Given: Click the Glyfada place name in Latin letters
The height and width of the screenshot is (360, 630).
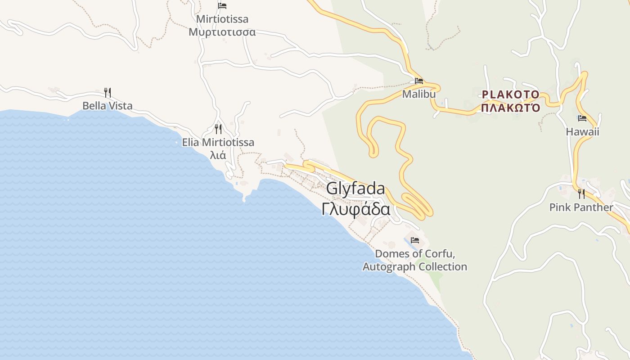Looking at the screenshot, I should pyautogui.click(x=355, y=189).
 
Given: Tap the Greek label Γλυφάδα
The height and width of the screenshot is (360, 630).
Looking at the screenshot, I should pyautogui.click(x=355, y=209).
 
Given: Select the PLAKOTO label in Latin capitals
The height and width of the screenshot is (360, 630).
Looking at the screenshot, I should pyautogui.click(x=510, y=94).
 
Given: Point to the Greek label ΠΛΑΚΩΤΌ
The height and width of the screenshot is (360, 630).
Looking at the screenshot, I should pyautogui.click(x=510, y=108).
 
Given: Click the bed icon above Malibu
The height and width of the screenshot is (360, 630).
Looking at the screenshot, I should pyautogui.click(x=419, y=81).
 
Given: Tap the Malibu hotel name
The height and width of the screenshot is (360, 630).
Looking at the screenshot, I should pyautogui.click(x=419, y=94).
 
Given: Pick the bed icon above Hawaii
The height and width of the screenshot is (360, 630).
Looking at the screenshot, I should pyautogui.click(x=582, y=119).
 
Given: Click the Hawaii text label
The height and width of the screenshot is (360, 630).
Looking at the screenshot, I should pyautogui.click(x=582, y=132).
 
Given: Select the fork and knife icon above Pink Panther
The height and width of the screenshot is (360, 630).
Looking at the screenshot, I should pyautogui.click(x=581, y=194).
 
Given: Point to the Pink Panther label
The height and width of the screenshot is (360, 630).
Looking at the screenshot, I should pyautogui.click(x=581, y=207).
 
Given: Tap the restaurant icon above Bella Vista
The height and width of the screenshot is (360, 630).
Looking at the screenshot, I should pyautogui.click(x=108, y=93).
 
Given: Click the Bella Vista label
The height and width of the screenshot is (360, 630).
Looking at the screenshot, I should pyautogui.click(x=108, y=106).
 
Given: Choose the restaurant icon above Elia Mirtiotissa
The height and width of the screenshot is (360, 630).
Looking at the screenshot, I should pyautogui.click(x=218, y=129).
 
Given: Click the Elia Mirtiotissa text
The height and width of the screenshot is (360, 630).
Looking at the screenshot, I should pyautogui.click(x=218, y=143).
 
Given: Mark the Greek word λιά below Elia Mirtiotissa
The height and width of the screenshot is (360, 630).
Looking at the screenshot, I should pyautogui.click(x=218, y=156).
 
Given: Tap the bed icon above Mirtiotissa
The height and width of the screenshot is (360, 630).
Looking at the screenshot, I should pyautogui.click(x=222, y=6).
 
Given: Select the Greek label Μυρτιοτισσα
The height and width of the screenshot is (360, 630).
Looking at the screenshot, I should pyautogui.click(x=222, y=32).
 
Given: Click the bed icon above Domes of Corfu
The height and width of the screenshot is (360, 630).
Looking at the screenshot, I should pyautogui.click(x=415, y=240).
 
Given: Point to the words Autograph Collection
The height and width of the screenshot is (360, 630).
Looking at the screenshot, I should pyautogui.click(x=415, y=267).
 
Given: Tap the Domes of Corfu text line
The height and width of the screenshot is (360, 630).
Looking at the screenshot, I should pyautogui.click(x=415, y=254).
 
